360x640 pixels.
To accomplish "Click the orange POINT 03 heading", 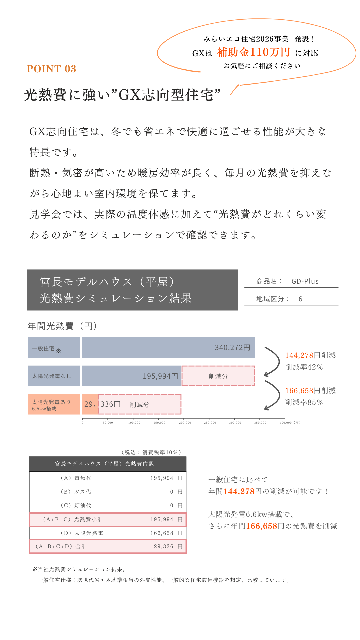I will coord(52,69).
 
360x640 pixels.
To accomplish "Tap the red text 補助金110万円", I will coord(254,52).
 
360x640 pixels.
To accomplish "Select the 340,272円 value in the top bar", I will coord(232,348).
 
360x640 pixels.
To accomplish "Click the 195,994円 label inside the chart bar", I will coord(160,376).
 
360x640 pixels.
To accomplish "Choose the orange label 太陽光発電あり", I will coord(51,402).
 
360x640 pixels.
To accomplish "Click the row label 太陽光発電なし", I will coord(52,376).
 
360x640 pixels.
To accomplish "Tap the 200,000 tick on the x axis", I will coord(185,423).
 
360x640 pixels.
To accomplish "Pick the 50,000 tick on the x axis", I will coord(108,423).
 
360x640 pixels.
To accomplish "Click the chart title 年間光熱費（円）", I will coord(62,326).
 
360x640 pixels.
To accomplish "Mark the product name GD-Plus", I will coord(305,281).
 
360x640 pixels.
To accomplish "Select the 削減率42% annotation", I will coord(304,367).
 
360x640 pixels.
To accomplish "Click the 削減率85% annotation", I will coord(304,402).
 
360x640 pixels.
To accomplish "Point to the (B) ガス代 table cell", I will coord(76,492).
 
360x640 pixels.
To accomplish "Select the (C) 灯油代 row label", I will coord(76,505).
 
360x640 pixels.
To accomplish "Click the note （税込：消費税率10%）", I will coord(152,452).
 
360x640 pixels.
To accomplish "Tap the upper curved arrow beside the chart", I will coord(273,362).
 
